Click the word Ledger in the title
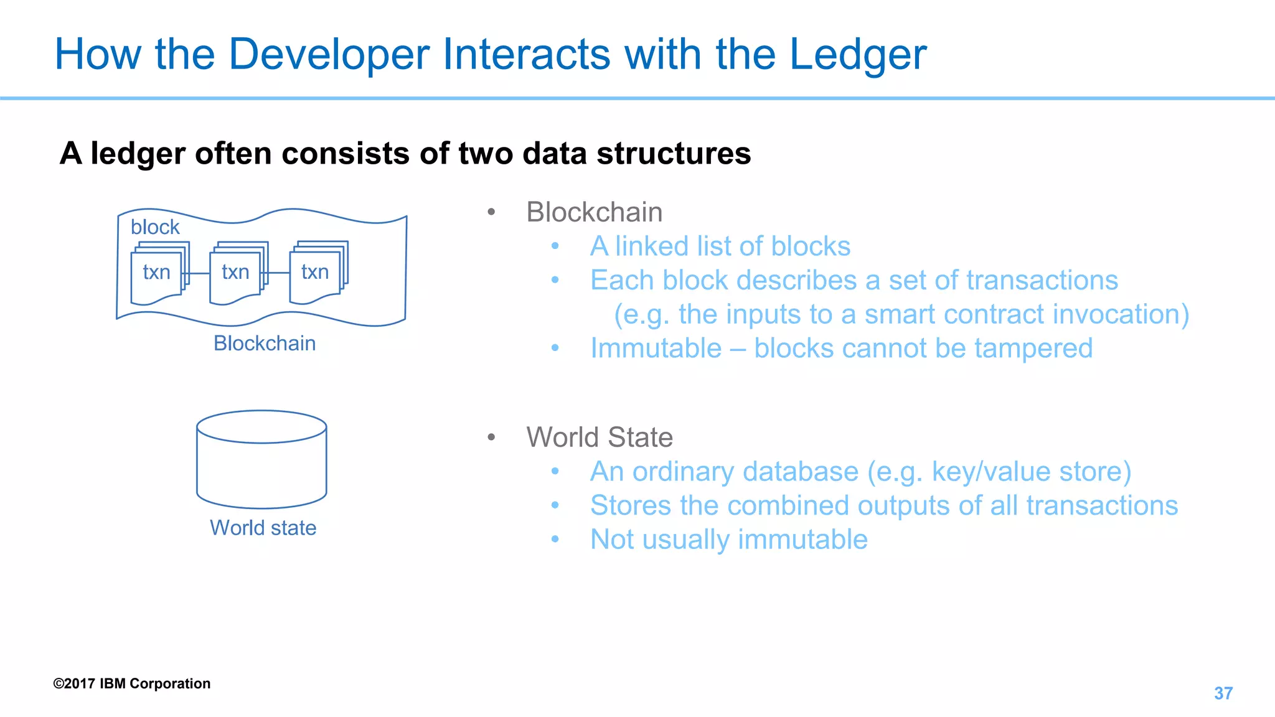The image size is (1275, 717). click(x=858, y=55)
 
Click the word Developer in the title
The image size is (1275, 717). click(x=329, y=55)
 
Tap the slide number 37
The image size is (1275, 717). click(x=1223, y=693)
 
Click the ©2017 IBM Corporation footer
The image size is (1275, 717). click(x=132, y=683)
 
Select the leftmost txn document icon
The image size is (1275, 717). click(x=157, y=274)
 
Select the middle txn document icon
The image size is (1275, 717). click(x=236, y=274)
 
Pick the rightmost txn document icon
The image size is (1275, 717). click(x=316, y=273)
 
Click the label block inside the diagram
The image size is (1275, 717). click(x=155, y=227)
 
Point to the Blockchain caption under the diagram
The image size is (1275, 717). click(x=265, y=344)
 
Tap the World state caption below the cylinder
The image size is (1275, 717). click(x=263, y=528)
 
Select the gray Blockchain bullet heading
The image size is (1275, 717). click(x=594, y=212)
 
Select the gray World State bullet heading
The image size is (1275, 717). click(x=600, y=438)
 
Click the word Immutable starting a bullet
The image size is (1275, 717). click(x=656, y=349)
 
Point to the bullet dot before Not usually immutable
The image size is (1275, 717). click(x=555, y=539)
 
